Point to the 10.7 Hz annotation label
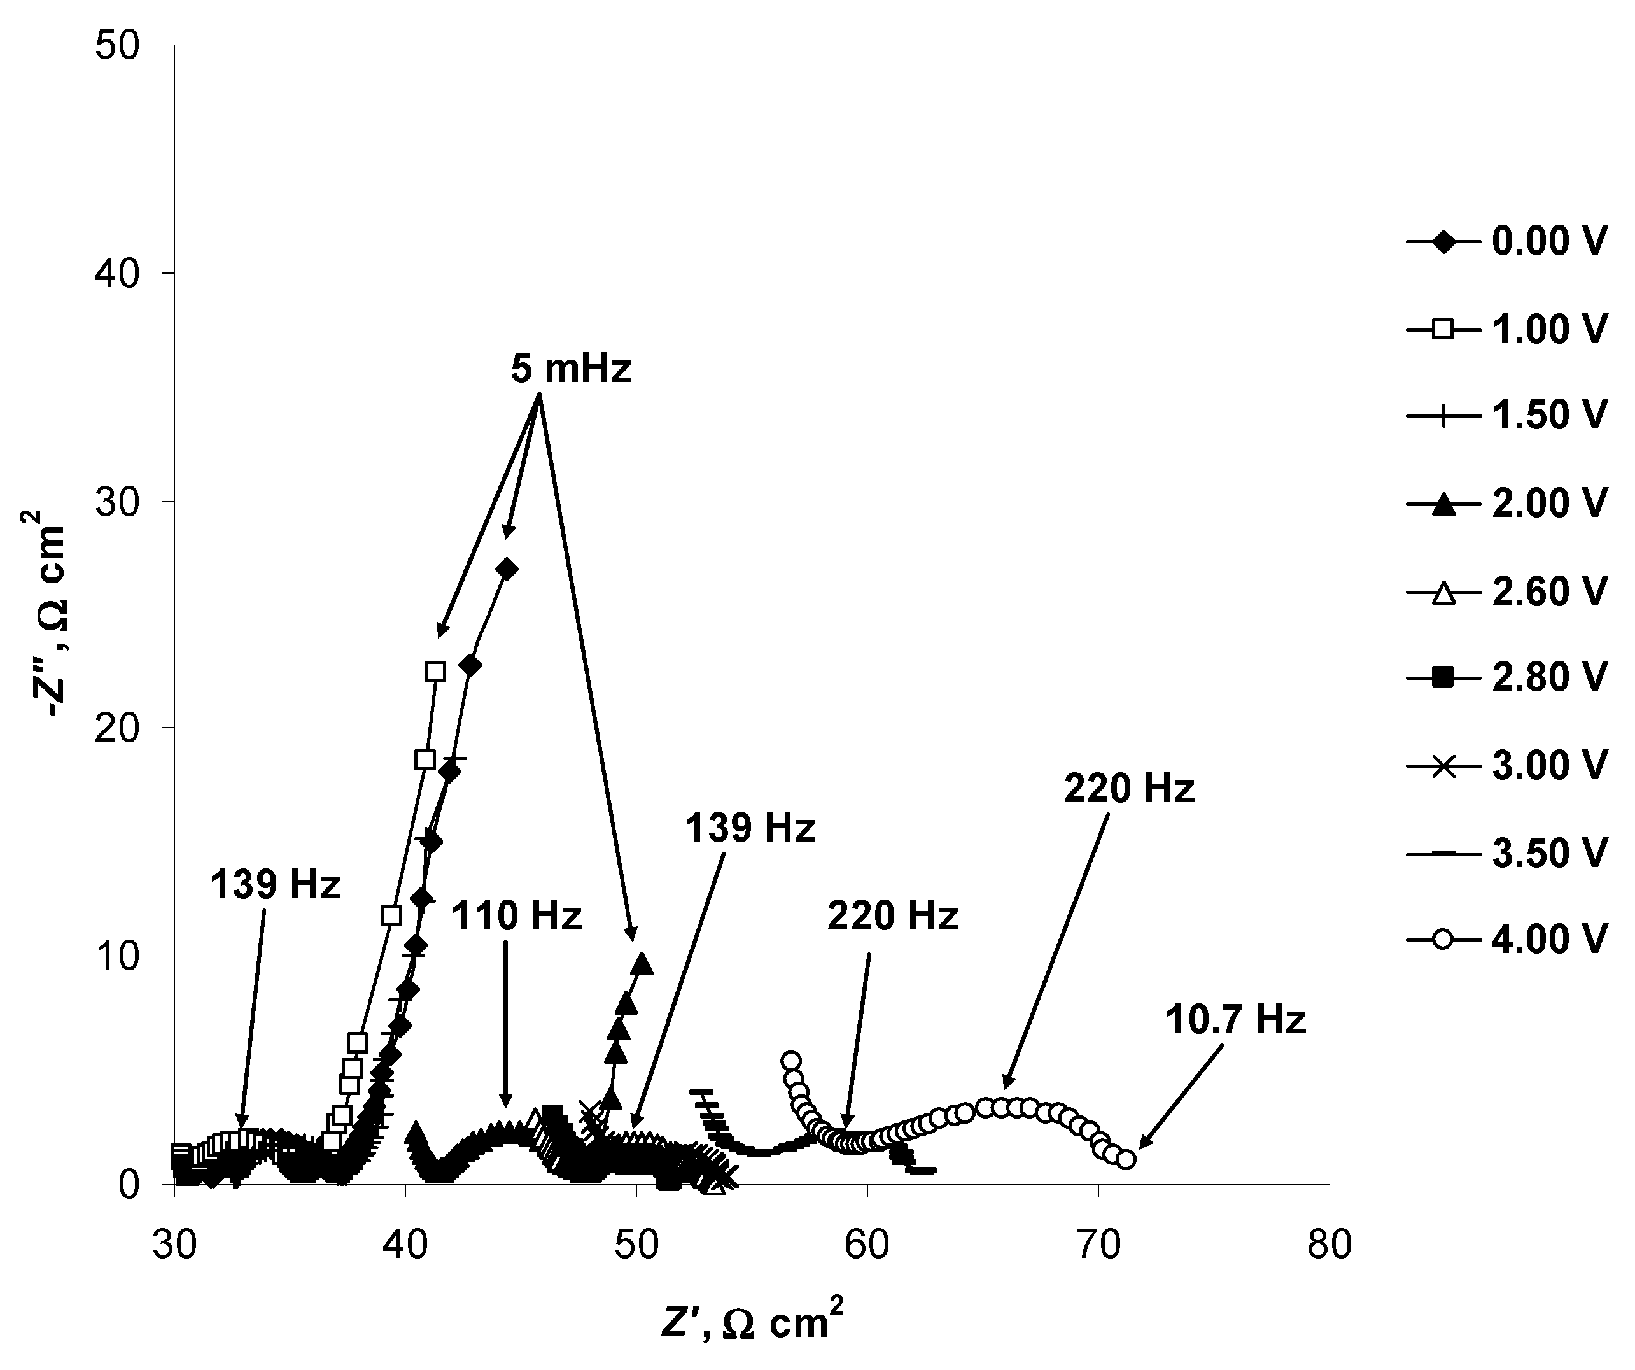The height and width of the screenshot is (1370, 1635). pyautogui.click(x=1235, y=1020)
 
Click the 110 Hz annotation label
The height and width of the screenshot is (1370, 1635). pyautogui.click(x=516, y=917)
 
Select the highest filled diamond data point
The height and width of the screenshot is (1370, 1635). pyautogui.click(x=507, y=568)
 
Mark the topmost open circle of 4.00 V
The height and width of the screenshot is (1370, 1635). pyautogui.click(x=791, y=1061)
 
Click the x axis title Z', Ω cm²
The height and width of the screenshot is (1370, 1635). pyautogui.click(x=752, y=1322)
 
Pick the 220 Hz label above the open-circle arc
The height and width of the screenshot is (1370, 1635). pyautogui.click(x=1129, y=790)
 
